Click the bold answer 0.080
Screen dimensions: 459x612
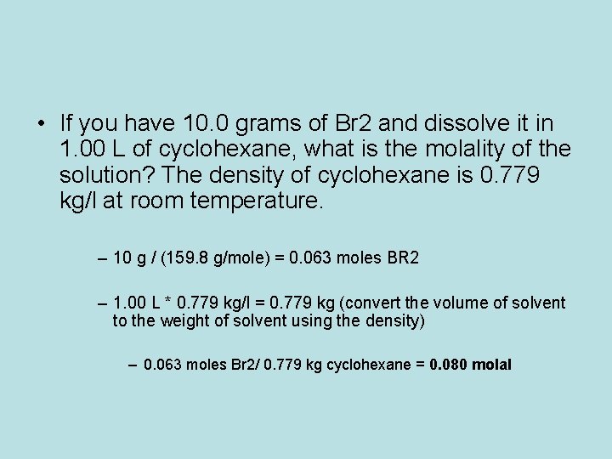pyautogui.click(x=448, y=365)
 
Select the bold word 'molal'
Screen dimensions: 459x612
pyautogui.click(x=492, y=365)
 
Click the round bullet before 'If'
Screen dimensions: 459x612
pyautogui.click(x=42, y=124)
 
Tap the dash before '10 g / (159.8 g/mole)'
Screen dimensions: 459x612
pyautogui.click(x=103, y=258)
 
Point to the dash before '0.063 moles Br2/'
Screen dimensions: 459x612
pyautogui.click(x=133, y=365)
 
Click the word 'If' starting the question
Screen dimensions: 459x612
pyautogui.click(x=68, y=124)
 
